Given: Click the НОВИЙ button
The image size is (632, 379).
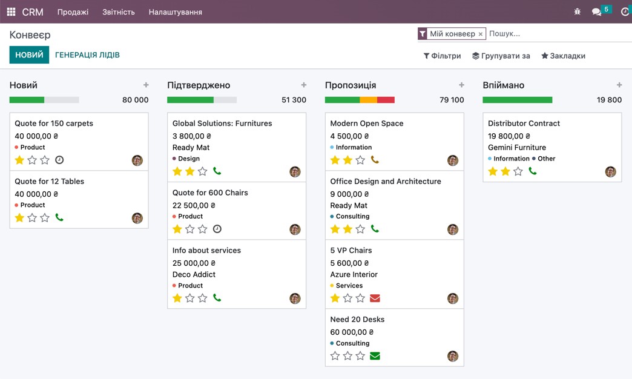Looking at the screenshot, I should [29, 55].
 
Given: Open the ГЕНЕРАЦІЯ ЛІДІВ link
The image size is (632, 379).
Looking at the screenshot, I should [87, 55].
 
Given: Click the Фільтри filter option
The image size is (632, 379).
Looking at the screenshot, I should [442, 56].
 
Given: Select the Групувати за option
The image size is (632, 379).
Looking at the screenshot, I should [501, 56].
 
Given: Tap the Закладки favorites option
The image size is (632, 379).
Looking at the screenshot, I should [563, 56].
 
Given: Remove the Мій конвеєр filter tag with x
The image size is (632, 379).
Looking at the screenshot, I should [481, 35].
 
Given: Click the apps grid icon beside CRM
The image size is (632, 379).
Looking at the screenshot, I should [11, 12].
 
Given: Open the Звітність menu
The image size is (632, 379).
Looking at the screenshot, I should [119, 12].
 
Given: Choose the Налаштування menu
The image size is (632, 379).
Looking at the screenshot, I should [176, 12].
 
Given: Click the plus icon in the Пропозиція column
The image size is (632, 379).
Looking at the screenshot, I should [461, 85].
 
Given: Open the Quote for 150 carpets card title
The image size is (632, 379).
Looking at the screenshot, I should [54, 124].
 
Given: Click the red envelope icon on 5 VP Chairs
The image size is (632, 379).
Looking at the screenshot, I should [375, 298].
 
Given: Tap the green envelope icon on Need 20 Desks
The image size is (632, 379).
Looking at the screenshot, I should [375, 356].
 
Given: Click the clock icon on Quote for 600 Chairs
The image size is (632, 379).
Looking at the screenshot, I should [217, 229].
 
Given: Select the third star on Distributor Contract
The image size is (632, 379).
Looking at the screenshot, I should [518, 171].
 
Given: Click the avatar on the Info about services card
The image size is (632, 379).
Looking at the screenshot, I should [295, 298].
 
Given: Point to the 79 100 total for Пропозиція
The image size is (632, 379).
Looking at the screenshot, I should [452, 100].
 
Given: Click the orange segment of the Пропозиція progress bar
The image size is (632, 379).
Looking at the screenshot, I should [368, 100].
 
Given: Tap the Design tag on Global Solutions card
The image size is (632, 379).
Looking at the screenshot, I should [188, 159].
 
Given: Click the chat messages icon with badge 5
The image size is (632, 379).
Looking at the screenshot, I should [597, 12].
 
